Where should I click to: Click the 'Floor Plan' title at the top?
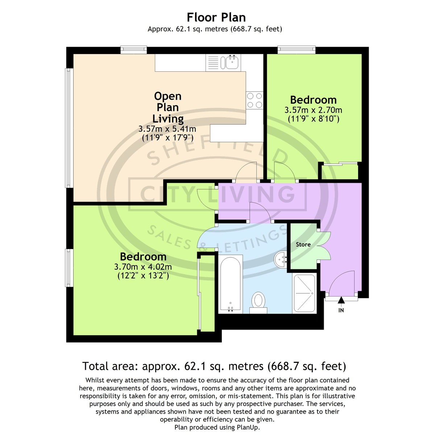(x=216, y=17)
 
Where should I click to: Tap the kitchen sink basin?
(x=232, y=62)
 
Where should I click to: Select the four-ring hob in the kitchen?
(x=254, y=100)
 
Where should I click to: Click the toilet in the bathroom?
(x=258, y=303)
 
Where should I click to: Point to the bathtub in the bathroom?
(x=231, y=284)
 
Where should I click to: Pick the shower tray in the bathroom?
(x=304, y=293)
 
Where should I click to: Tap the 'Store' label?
(x=303, y=244)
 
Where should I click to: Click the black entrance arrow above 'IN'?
(x=341, y=300)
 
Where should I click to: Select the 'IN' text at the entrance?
(x=341, y=310)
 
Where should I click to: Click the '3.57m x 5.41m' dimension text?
(x=167, y=129)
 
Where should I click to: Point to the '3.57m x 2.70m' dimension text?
(x=313, y=110)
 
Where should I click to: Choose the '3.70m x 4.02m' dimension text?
(x=143, y=267)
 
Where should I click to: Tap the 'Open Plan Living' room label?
(x=168, y=107)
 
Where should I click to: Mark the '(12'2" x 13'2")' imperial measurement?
(x=143, y=275)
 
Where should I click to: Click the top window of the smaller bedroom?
(x=296, y=50)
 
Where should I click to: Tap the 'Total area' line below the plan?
(x=214, y=366)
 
